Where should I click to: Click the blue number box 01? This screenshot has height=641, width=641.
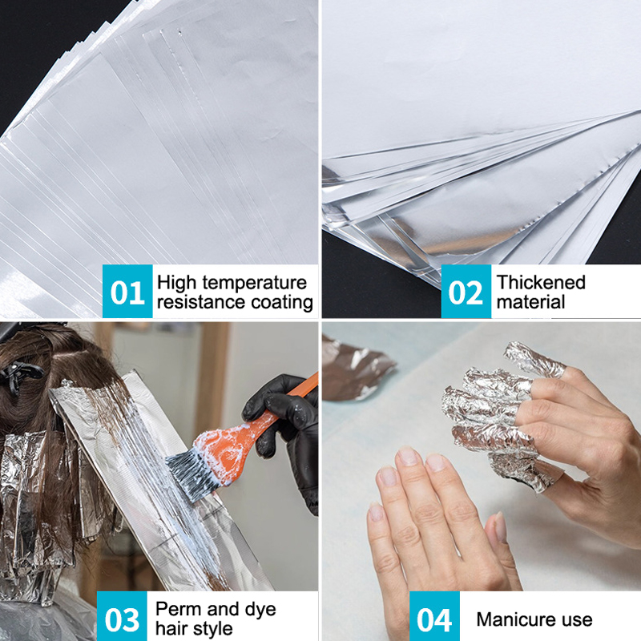127,291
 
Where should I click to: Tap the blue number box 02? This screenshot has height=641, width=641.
466,291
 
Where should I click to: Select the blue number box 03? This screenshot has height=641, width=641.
122,616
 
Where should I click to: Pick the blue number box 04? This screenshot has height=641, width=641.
434,616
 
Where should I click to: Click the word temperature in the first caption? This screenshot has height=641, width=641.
254,283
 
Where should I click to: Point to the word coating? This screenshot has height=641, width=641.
282,303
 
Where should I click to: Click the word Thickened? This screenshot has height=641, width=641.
541,282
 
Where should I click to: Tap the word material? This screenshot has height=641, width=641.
530,302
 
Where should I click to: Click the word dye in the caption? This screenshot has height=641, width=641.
260,610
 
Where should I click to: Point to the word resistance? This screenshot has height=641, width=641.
202,303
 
